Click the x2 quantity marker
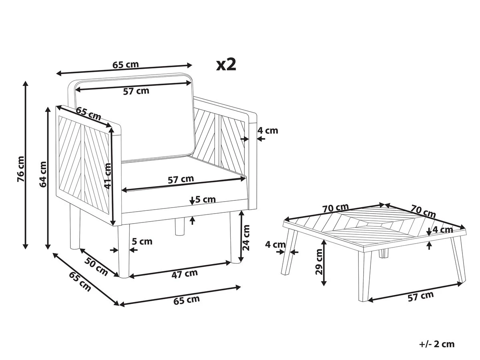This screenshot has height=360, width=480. coord(226,64)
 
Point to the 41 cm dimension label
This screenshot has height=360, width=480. coord(107,176)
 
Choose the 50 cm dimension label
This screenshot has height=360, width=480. coord(96,266)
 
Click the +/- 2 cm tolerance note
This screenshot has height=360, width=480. coord(437,344)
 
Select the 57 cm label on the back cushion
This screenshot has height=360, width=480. coord(136,91)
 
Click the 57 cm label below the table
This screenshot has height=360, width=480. coord(421,296)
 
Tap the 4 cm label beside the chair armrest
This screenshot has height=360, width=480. coord(268,130)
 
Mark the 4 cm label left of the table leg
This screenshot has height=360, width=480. coord(276,244)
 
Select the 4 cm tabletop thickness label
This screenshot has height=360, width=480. coord(443,230)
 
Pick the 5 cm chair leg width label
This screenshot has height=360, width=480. coord(142,241)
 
